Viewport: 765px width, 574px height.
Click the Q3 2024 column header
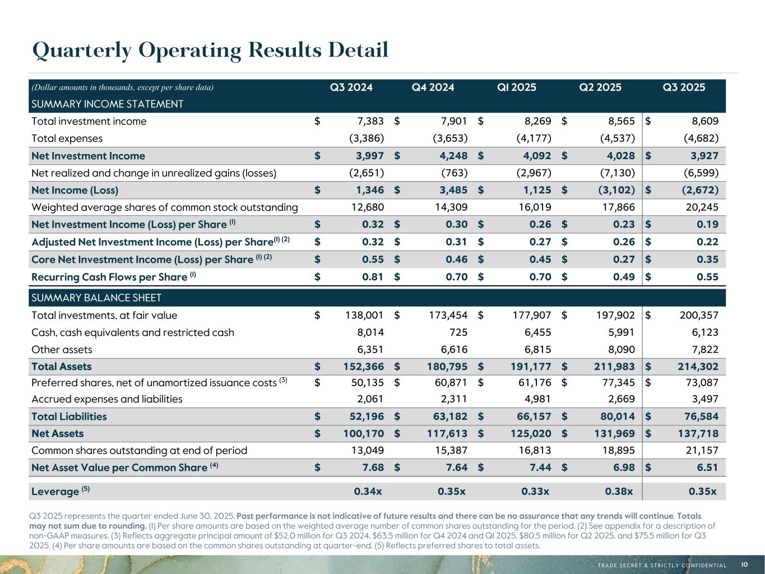coord(351,87)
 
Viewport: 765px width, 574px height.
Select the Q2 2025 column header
coord(600,87)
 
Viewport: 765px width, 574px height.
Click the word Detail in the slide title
coord(358,50)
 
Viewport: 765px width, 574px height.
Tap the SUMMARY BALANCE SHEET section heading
coord(97,298)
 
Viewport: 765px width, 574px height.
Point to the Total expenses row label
coord(67,138)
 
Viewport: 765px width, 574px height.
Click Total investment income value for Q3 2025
coord(703,121)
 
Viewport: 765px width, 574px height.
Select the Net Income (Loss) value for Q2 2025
coord(616,190)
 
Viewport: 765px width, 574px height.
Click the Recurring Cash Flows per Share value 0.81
coord(373,277)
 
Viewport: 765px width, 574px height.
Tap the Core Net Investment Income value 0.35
coord(708,260)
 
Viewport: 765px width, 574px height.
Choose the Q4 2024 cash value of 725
coord(458,332)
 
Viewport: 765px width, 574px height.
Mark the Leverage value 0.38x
coord(619,492)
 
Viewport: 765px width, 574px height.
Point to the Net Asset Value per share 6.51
coord(708,467)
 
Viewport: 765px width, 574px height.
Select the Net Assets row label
coord(58,433)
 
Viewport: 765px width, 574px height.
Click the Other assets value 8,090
coord(620,350)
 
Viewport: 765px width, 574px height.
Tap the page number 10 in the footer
coord(745,565)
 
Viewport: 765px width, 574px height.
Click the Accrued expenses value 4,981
coord(536,399)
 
